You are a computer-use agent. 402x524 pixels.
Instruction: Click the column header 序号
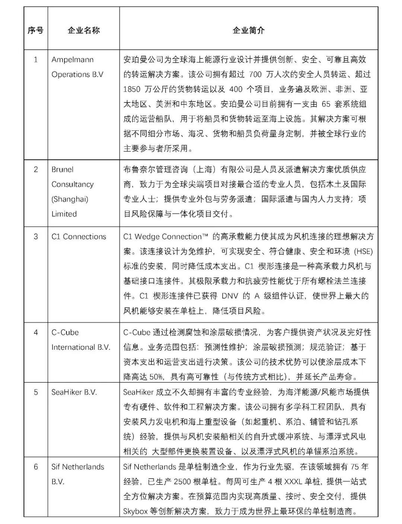coord(35,30)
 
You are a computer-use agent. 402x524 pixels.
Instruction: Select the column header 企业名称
coord(83,30)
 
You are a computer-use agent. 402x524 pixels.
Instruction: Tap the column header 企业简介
coord(248,30)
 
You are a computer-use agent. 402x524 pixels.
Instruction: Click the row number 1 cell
coord(36,60)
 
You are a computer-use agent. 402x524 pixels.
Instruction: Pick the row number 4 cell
coord(36,332)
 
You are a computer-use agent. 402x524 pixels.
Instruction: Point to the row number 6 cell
coord(36,467)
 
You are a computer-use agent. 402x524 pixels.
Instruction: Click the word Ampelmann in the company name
coord(73,60)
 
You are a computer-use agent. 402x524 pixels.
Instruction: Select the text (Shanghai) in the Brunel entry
coord(70,199)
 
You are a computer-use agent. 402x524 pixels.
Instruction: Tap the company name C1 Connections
coord(79,236)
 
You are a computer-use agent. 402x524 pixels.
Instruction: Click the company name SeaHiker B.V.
coord(74,392)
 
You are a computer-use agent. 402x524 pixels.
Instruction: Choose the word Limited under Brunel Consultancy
coord(64,214)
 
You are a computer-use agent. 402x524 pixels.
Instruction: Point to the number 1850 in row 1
coord(132,89)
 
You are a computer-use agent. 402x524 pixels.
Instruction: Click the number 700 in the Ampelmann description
coord(255,74)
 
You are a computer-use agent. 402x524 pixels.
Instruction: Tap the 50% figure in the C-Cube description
coord(156,377)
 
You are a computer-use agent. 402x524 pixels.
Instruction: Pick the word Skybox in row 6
coord(136,511)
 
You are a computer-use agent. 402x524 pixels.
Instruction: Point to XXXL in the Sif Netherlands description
coord(294,482)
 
